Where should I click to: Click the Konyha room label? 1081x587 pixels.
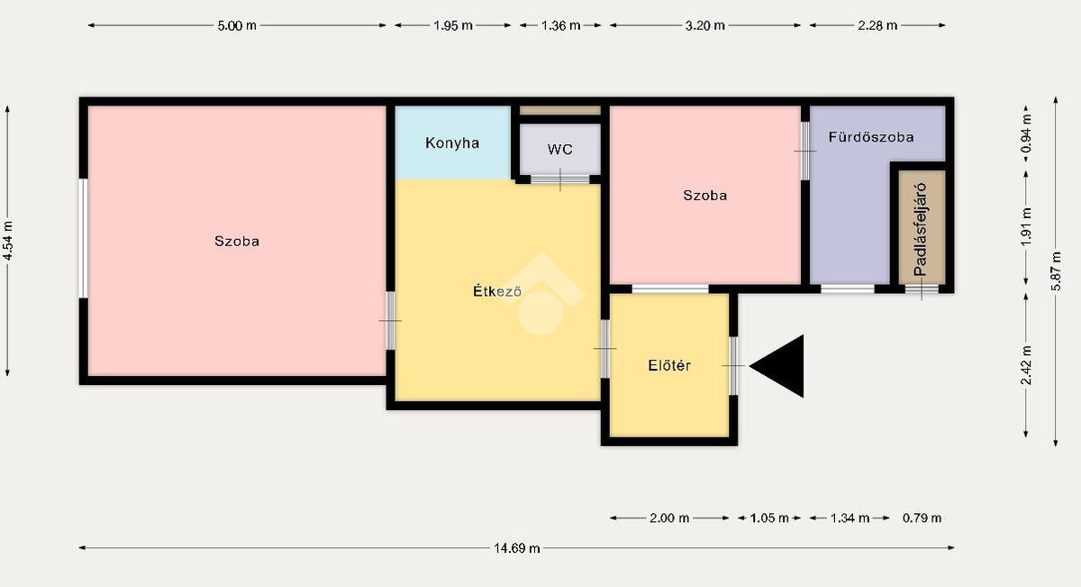tap(452, 143)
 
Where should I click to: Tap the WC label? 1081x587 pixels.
tap(560, 150)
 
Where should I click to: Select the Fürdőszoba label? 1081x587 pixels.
tap(871, 137)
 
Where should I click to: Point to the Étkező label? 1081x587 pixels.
tap(497, 291)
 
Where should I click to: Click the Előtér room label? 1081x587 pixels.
tap(669, 365)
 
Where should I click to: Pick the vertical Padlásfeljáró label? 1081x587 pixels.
tap(921, 229)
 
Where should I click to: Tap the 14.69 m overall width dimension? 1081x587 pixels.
tap(516, 548)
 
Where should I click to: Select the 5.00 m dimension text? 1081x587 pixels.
tap(236, 25)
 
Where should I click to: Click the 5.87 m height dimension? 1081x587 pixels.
tap(1056, 271)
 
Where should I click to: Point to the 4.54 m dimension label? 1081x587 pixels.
tap(7, 241)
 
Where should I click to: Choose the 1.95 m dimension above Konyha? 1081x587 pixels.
tap(452, 25)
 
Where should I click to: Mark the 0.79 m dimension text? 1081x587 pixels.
tap(922, 518)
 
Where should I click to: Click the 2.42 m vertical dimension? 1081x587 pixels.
tap(1025, 365)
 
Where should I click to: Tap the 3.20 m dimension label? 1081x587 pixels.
tap(705, 25)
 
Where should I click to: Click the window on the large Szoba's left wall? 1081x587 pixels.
tap(84, 238)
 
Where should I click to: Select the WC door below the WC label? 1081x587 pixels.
tap(560, 179)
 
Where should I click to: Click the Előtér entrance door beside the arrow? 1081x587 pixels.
tap(733, 366)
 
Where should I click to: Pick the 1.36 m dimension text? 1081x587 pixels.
tap(560, 25)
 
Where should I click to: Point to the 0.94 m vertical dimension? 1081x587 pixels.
tap(1025, 133)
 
